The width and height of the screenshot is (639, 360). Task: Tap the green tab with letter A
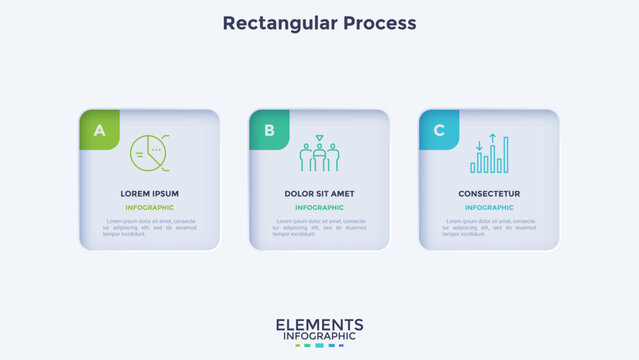pyautogui.click(x=99, y=130)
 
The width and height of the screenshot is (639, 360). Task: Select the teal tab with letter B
pyautogui.click(x=269, y=130)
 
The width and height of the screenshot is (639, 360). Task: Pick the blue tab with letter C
pyautogui.click(x=439, y=130)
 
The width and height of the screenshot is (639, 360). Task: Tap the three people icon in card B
pyautogui.click(x=319, y=154)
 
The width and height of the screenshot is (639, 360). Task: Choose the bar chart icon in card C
pyautogui.click(x=489, y=154)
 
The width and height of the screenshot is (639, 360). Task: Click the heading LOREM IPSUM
pyautogui.click(x=149, y=193)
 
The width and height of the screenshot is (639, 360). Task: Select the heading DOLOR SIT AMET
pyautogui.click(x=319, y=193)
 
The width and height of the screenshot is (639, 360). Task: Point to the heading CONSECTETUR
pyautogui.click(x=489, y=193)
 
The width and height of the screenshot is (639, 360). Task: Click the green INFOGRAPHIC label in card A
pyautogui.click(x=149, y=208)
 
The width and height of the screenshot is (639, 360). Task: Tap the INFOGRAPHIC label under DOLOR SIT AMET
pyautogui.click(x=319, y=208)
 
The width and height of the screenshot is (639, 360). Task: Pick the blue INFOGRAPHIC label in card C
pyautogui.click(x=489, y=208)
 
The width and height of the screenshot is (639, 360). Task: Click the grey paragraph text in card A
pyautogui.click(x=149, y=227)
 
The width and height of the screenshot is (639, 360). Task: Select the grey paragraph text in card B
pyautogui.click(x=319, y=227)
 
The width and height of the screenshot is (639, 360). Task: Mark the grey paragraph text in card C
pyautogui.click(x=489, y=227)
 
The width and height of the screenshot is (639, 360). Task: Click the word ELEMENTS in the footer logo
pyautogui.click(x=319, y=325)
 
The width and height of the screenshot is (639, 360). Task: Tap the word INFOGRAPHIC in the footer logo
pyautogui.click(x=319, y=337)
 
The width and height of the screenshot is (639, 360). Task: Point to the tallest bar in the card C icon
pyautogui.click(x=504, y=155)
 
